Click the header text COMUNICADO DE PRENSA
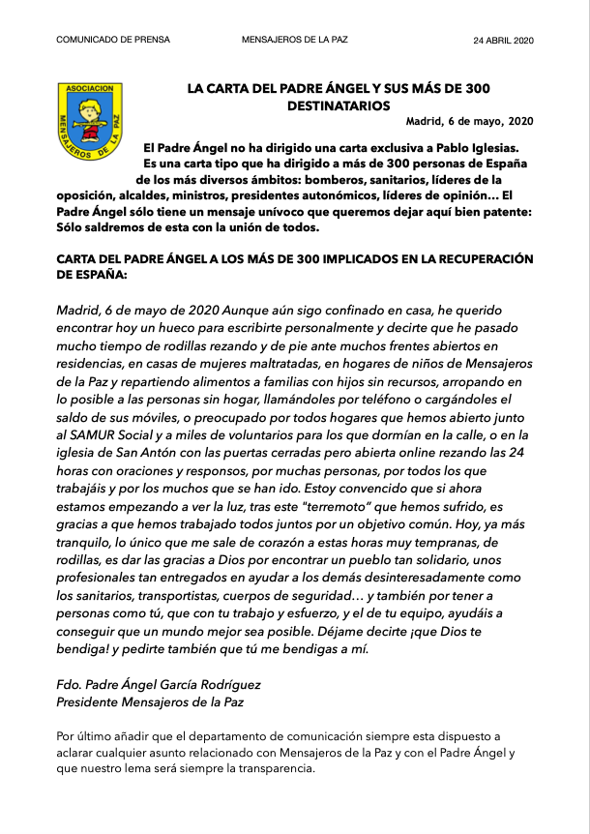tap(113, 40)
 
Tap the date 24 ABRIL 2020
tap(503, 40)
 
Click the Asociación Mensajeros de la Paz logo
tap(88, 120)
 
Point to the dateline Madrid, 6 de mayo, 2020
tap(469, 121)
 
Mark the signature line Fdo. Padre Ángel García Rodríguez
tap(159, 684)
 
